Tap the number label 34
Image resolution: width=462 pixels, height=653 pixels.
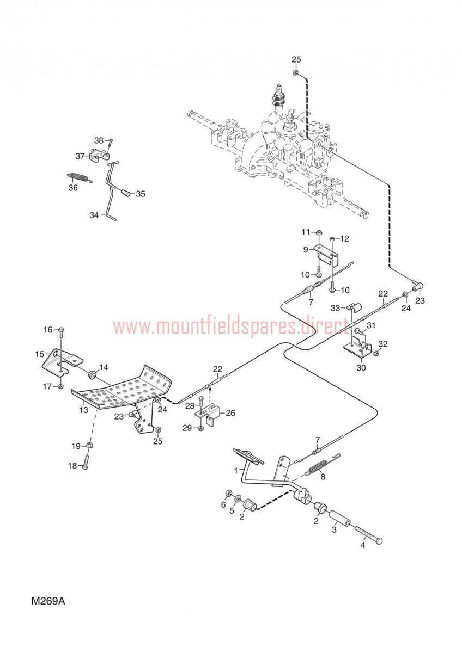[94, 215]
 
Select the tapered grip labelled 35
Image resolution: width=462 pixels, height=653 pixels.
[126, 193]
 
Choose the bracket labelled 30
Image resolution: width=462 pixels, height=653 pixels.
[357, 347]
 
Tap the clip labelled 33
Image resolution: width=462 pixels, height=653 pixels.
[354, 307]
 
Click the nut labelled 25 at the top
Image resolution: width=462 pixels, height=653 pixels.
[295, 72]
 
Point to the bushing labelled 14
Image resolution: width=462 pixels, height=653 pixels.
[93, 373]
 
